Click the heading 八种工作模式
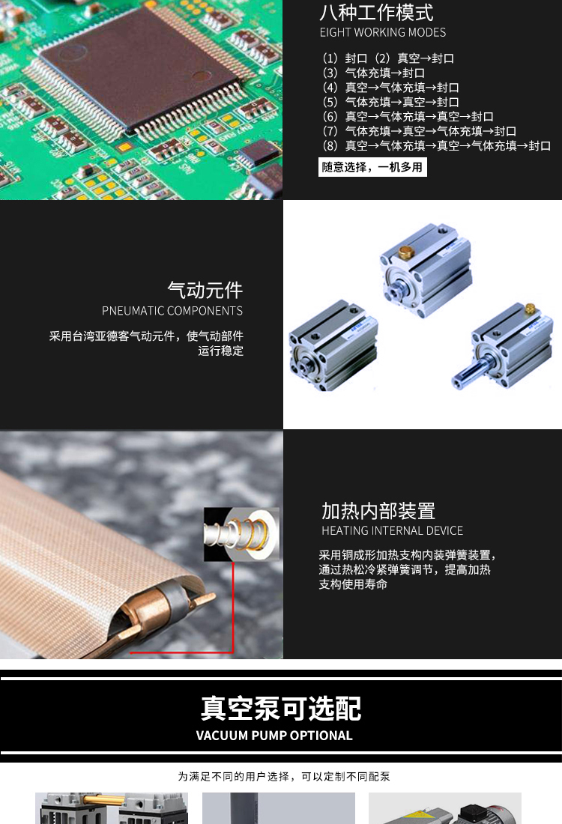[x=376, y=13]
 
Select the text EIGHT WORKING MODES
[x=383, y=32]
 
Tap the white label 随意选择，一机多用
[x=372, y=167]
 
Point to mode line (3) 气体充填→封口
[x=374, y=73]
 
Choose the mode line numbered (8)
[x=436, y=145]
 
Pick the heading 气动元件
[x=205, y=290]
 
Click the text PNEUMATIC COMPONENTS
[x=172, y=311]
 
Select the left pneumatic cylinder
[x=333, y=346]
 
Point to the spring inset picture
[x=241, y=534]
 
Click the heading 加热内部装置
[x=378, y=511]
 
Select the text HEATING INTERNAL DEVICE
[x=392, y=531]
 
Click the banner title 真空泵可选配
[x=281, y=709]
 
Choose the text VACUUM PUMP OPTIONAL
[x=274, y=736]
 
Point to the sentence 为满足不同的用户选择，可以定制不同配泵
[x=284, y=777]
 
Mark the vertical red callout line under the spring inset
[x=233, y=607]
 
